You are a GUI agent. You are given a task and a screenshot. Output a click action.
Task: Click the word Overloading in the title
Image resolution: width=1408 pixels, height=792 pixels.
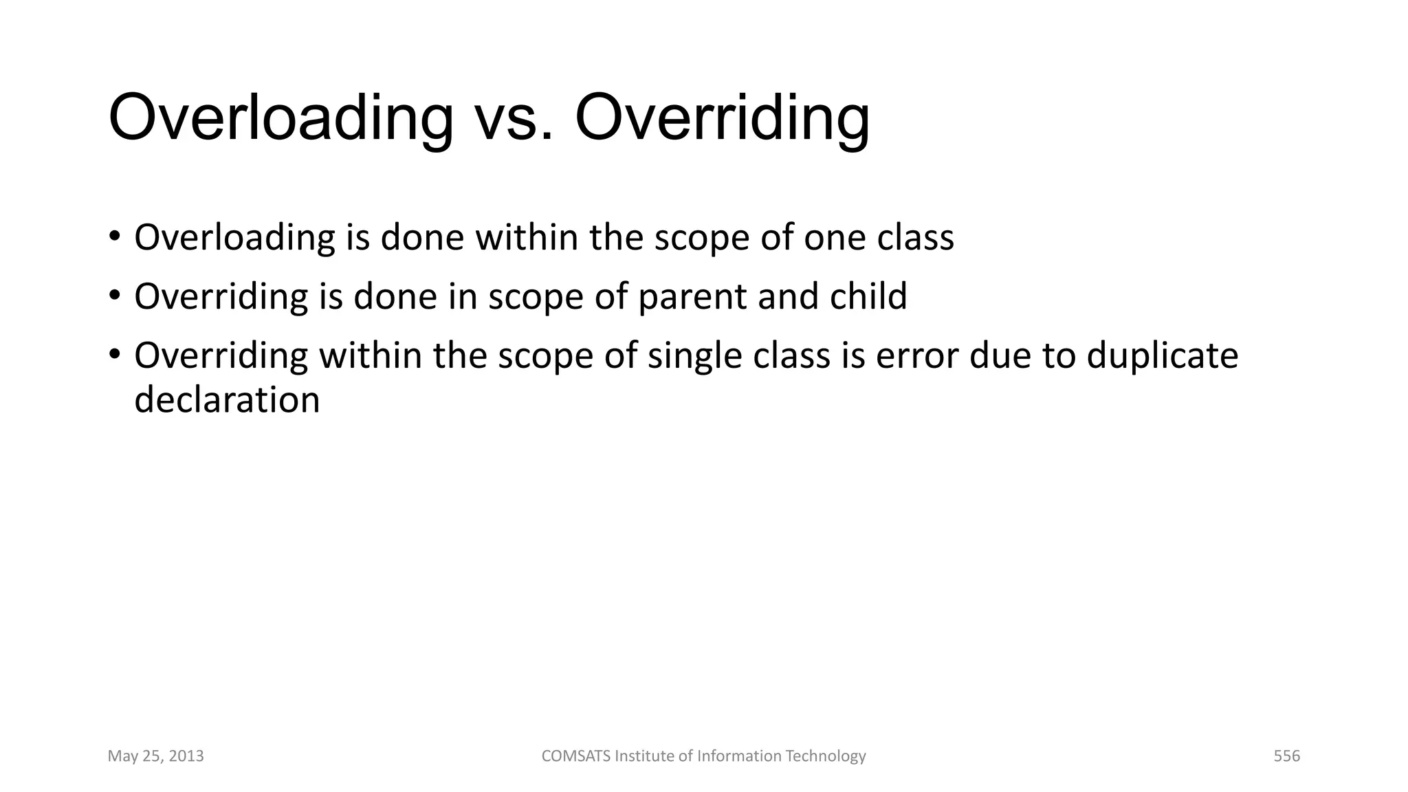(280, 118)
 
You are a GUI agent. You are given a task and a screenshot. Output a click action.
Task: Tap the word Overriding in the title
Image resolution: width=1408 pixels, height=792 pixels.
(722, 118)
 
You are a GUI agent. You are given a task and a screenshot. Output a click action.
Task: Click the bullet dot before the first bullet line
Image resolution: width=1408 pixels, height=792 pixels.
(114, 236)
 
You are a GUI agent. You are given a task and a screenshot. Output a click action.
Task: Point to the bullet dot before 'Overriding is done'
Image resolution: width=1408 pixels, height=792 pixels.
(114, 296)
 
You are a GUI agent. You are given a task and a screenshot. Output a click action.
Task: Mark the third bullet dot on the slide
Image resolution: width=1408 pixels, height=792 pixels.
(114, 355)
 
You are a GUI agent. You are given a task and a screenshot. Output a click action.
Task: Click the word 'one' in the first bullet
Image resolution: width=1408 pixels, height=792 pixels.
(834, 238)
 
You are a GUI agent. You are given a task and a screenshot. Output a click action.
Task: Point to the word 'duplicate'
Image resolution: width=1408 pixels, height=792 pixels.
(1162, 356)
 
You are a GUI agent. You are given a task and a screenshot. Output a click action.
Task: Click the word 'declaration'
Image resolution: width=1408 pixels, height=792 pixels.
(227, 400)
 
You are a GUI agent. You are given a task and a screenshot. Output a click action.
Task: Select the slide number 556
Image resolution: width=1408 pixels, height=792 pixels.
(1286, 756)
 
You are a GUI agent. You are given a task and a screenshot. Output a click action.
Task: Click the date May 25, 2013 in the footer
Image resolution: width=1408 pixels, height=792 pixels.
(155, 756)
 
